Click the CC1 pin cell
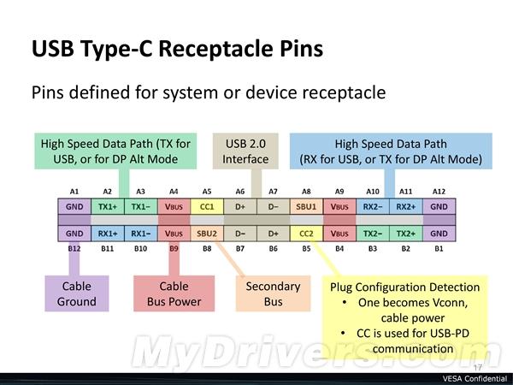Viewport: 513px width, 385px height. [206, 205]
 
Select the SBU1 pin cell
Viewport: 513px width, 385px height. [305, 205]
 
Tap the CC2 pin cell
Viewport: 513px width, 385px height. [305, 233]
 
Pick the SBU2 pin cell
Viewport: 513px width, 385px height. [206, 233]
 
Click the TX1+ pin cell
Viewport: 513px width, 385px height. [108, 205]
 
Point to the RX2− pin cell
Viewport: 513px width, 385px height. [372, 205]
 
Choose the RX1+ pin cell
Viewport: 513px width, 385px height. [108, 233]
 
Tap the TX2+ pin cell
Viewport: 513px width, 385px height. [405, 233]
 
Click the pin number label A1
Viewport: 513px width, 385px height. [74, 191]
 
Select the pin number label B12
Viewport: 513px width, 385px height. [74, 247]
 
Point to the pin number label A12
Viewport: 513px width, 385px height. [438, 191]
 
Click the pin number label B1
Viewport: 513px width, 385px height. [438, 247]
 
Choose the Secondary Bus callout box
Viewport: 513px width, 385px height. [273, 293]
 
